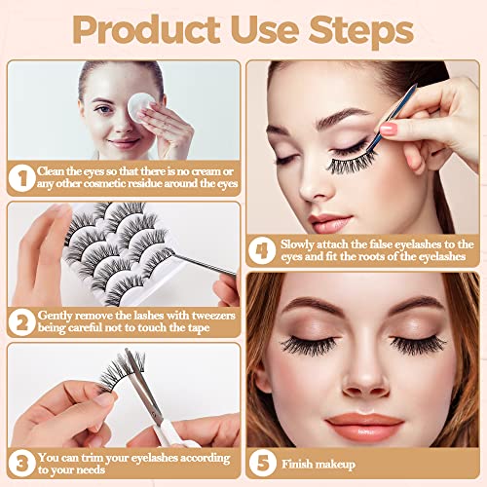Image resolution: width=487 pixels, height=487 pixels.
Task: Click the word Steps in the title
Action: pos(361,30)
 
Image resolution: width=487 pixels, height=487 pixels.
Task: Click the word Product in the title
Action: pos(146,30)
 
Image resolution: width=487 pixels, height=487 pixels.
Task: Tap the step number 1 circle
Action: pos(22,178)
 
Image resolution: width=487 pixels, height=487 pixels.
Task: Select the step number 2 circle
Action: pos(22,322)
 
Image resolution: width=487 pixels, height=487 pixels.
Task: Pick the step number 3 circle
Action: pos(22,464)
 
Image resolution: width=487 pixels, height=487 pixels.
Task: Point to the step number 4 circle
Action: pos(262,250)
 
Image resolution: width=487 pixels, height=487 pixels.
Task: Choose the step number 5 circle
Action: pos(263,464)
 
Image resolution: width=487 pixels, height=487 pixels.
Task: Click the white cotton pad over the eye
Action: pos(140,107)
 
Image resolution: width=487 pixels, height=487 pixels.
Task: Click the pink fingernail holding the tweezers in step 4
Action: pos(389,129)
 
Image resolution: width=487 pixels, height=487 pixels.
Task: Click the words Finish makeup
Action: pos(318,465)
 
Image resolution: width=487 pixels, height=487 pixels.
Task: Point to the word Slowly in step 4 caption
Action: pos(297,244)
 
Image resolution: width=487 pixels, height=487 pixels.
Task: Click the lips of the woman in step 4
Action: pos(328,222)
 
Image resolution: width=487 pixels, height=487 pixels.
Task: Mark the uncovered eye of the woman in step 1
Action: pos(104,109)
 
